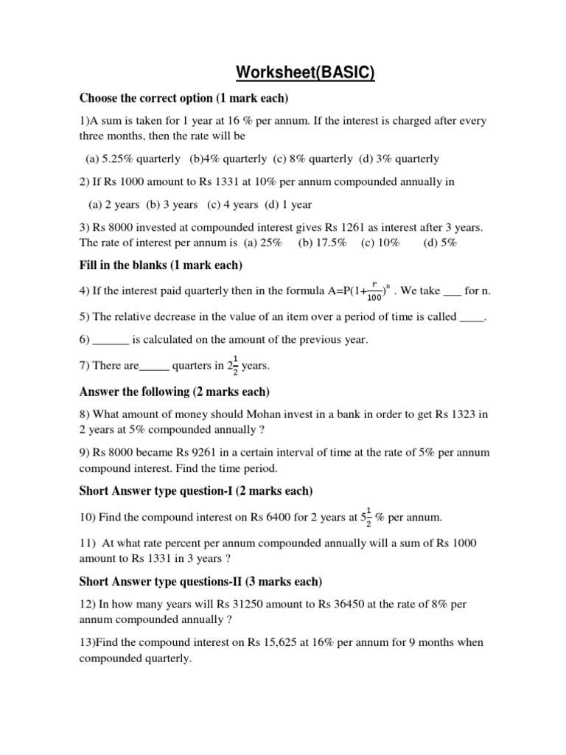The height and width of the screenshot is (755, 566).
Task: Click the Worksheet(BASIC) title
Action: tap(305, 74)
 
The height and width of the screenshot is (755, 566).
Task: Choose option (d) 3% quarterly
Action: tap(399, 159)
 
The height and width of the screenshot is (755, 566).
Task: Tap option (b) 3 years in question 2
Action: tap(172, 204)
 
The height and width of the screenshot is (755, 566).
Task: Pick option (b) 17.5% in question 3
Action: tap(322, 243)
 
